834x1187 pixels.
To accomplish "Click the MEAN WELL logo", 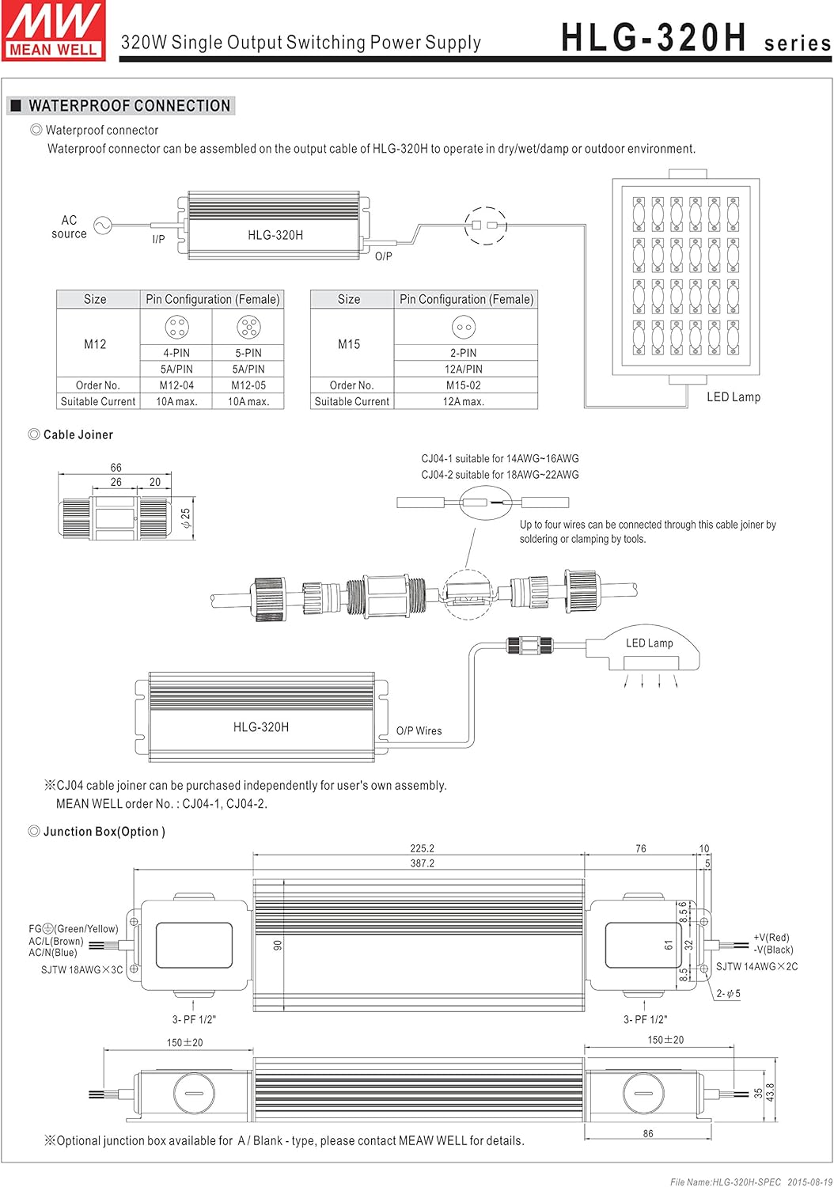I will pyautogui.click(x=54, y=30).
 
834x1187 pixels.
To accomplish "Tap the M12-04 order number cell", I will pyautogui.click(x=176, y=385).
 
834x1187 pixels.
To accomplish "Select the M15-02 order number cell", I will pyautogui.click(x=464, y=385).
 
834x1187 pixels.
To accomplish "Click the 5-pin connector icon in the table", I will pyautogui.click(x=248, y=326).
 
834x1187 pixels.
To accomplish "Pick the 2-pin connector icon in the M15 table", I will pyautogui.click(x=464, y=326).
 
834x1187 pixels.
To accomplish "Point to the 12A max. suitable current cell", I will pyautogui.click(x=464, y=401).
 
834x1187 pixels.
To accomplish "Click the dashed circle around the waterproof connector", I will pyautogui.click(x=485, y=226).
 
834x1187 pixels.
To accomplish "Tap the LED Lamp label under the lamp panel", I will pyautogui.click(x=733, y=397).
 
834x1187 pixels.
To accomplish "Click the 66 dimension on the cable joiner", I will pyautogui.click(x=116, y=468).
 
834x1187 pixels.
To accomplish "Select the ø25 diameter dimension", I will pyautogui.click(x=185, y=519).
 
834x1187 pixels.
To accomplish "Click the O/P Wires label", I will pyautogui.click(x=419, y=731).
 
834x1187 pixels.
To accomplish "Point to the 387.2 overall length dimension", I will pyautogui.click(x=422, y=863).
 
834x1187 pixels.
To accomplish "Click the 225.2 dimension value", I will pyautogui.click(x=422, y=848).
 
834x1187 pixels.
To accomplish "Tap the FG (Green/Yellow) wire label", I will pyautogui.click(x=74, y=929).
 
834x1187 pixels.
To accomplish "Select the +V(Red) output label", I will pyautogui.click(x=771, y=938).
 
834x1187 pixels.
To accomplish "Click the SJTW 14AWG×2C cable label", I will pyautogui.click(x=756, y=966).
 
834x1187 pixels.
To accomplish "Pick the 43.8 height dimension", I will pyautogui.click(x=771, y=1092).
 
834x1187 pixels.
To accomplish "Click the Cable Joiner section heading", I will pyautogui.click(x=78, y=434).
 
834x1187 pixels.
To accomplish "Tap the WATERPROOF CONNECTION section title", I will pyautogui.click(x=129, y=106).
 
